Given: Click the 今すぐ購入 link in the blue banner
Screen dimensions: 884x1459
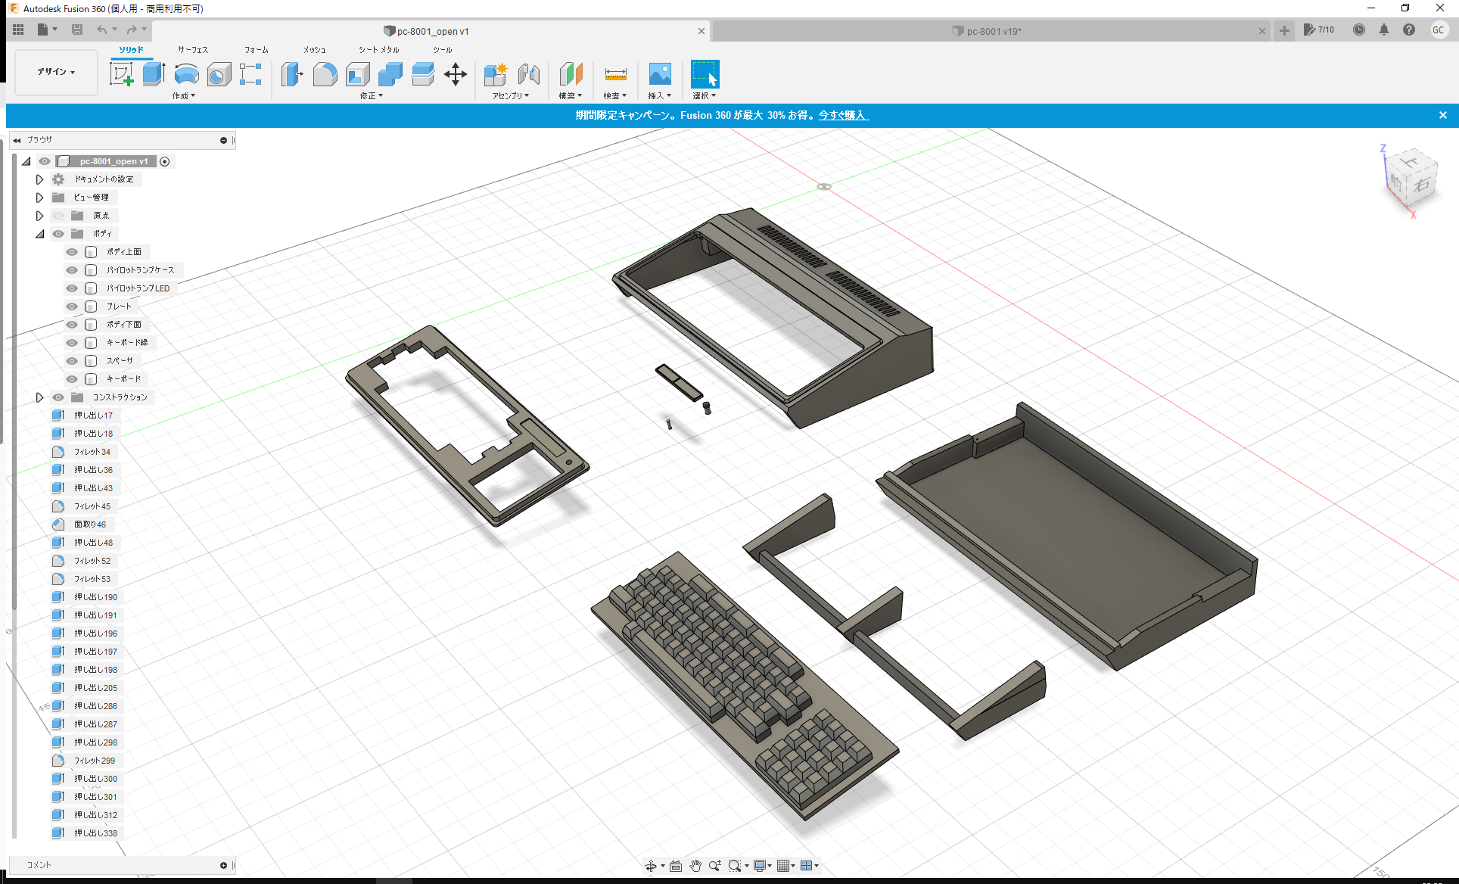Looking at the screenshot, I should [843, 115].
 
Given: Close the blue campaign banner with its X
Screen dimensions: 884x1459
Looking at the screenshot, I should [1442, 115].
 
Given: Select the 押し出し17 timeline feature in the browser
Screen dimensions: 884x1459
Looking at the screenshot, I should [93, 416].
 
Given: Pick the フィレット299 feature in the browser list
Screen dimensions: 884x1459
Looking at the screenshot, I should [95, 761].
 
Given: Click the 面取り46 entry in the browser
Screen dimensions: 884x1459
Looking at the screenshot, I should [89, 524].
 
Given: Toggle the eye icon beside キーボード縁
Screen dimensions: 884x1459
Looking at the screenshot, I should [72, 343].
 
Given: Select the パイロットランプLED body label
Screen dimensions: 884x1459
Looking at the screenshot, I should [138, 288].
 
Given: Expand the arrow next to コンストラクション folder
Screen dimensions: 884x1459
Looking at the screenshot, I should [39, 397].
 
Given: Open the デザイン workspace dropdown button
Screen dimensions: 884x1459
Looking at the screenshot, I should [56, 72].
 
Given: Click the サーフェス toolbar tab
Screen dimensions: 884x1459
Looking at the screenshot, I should [193, 50].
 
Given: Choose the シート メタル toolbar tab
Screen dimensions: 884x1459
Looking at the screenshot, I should [378, 50].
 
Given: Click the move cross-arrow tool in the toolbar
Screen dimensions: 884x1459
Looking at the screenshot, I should [455, 74].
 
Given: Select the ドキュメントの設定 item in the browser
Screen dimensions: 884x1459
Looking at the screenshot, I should [104, 179].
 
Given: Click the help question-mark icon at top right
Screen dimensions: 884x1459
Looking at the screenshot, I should [1408, 30].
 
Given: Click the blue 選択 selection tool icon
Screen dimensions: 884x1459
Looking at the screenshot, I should [705, 74].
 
